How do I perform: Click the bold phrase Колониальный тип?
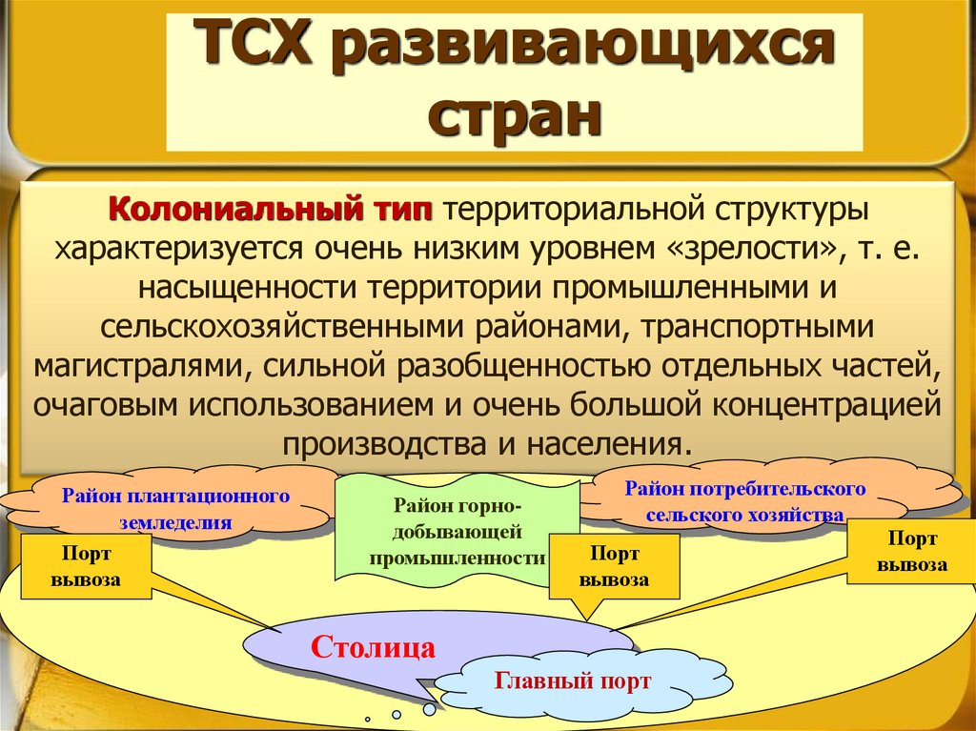point(271,207)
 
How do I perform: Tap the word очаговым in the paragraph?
point(105,404)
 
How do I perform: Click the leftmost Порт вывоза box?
point(86,566)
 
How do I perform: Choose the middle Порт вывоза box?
point(615,566)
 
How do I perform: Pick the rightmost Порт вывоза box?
point(912,551)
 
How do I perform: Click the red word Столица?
point(374,648)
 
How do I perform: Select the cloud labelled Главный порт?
point(573,680)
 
